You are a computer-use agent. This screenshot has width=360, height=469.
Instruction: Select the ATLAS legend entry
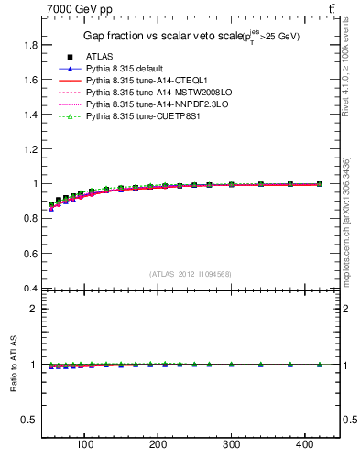(x=101, y=57)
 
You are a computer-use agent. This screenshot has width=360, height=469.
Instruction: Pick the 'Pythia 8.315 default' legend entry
(x=127, y=69)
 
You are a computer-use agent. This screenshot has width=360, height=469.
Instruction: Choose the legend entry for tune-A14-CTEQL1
(x=142, y=81)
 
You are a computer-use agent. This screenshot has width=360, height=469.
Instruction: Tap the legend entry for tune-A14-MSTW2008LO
(x=150, y=93)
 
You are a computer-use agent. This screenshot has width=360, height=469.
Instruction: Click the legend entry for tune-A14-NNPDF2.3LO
(x=149, y=104)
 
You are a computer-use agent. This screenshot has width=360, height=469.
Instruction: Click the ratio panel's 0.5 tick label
(x=29, y=420)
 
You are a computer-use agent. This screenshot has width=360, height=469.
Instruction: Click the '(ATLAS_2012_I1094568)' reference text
(x=190, y=274)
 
